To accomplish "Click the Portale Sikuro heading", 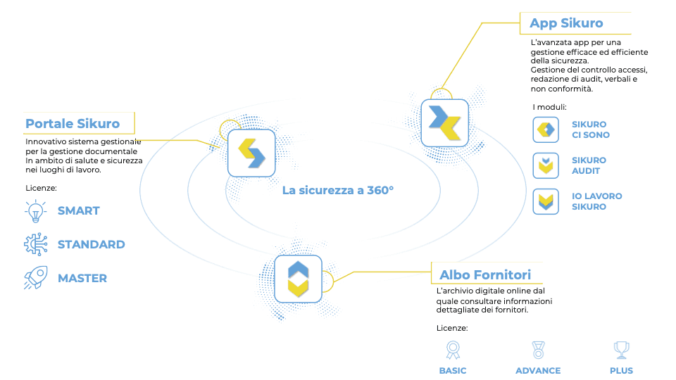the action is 73,124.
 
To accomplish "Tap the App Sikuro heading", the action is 566,23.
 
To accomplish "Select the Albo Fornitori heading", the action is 485,275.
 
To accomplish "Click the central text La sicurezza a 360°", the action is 338,191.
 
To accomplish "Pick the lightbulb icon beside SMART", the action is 35,211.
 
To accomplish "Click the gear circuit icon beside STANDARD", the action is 36,244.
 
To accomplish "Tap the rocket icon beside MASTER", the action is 36,278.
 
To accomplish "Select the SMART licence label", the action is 78,210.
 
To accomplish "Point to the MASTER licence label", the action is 82,279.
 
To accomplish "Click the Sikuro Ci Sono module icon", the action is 546,129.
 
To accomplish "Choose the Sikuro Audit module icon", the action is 546,165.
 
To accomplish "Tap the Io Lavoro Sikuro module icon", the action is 546,201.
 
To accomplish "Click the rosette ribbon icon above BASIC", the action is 453,350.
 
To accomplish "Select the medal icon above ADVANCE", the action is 538,350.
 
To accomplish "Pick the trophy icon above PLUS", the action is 621,350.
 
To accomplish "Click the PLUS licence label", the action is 621,371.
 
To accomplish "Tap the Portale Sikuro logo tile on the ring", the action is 251,153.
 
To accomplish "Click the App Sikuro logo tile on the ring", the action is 444,122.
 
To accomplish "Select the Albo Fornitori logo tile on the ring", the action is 298,279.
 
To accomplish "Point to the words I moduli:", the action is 549,107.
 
